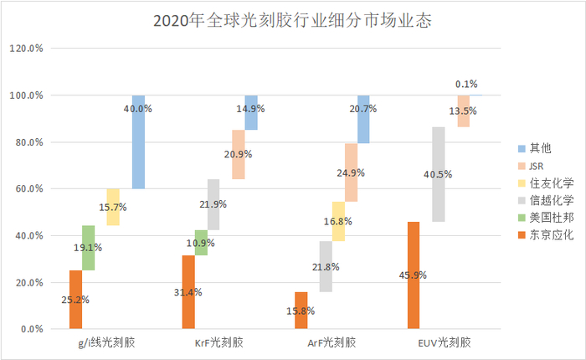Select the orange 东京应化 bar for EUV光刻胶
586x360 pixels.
tap(413, 275)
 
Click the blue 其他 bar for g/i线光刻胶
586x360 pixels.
tap(138, 141)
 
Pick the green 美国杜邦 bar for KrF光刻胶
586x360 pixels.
tap(201, 243)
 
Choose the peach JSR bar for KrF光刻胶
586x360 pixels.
tap(239, 155)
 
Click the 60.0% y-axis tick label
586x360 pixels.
tap(29, 189)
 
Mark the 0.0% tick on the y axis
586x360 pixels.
tap(32, 329)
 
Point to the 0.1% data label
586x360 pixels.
tap(466, 84)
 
